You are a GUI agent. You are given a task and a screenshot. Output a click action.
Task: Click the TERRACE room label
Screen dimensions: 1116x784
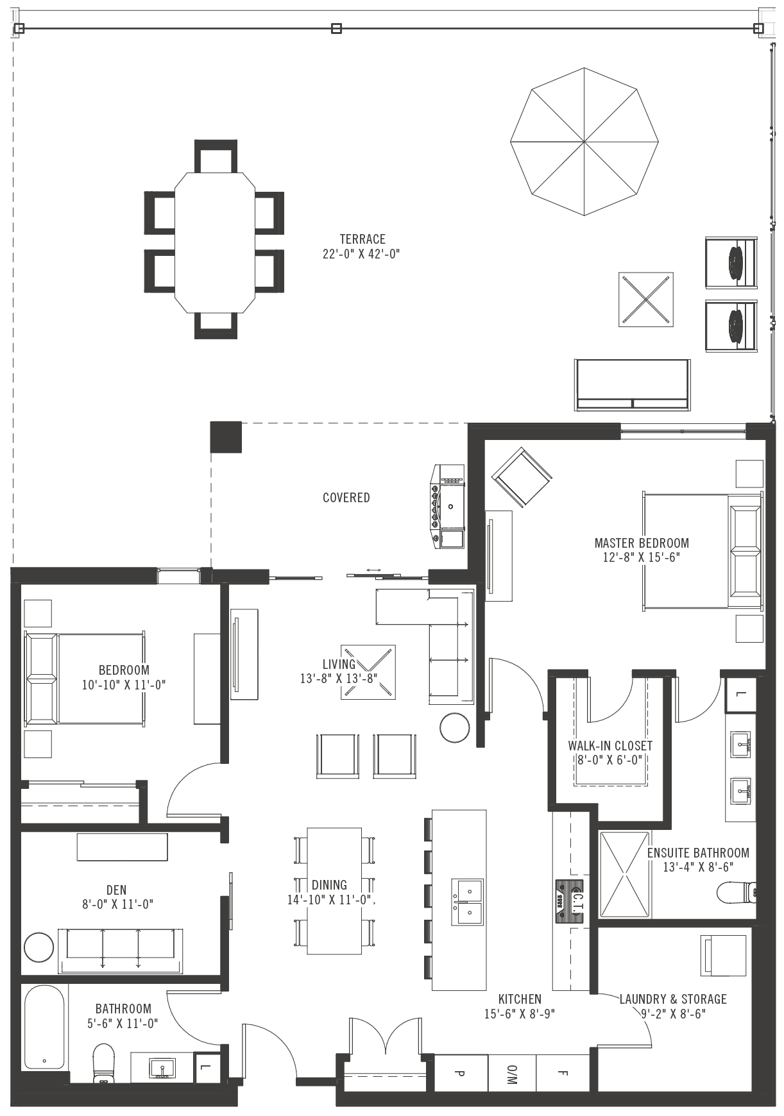(362, 239)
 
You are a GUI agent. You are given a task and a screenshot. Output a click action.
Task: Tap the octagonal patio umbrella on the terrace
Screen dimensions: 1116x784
(584, 142)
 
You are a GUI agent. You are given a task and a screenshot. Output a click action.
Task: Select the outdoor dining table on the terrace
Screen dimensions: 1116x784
(215, 242)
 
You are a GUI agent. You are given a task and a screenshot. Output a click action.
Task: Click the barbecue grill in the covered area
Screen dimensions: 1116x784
(449, 507)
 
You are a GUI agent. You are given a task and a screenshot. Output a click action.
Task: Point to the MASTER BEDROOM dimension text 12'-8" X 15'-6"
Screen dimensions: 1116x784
(641, 557)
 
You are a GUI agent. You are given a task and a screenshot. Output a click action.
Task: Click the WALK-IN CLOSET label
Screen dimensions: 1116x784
(609, 746)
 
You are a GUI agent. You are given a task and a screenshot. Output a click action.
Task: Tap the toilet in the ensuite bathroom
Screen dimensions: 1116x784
(737, 892)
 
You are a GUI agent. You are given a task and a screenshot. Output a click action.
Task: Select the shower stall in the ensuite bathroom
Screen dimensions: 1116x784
(625, 874)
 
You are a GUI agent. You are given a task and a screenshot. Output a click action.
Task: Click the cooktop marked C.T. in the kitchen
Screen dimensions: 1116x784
(570, 901)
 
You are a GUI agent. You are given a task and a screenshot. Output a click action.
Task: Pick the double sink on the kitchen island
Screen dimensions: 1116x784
(468, 902)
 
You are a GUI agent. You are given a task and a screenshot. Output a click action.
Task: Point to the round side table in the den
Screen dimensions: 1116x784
(39, 947)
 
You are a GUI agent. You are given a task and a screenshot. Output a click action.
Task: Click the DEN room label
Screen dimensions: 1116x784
(116, 890)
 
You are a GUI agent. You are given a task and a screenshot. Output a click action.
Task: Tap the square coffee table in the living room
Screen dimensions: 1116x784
(368, 672)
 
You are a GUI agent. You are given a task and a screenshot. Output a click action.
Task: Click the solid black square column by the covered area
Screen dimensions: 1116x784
(226, 437)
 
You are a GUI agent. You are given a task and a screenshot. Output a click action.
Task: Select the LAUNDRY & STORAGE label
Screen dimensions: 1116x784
(673, 999)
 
